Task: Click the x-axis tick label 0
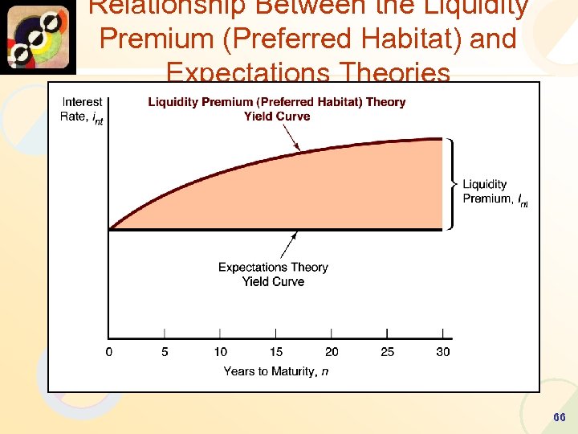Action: pos(109,351)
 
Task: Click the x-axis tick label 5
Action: pos(165,351)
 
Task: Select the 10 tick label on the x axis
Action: pos(220,351)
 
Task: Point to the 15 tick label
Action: pos(275,351)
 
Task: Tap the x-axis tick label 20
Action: pos(332,351)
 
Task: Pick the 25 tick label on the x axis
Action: pos(387,351)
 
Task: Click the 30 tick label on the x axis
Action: pos(442,351)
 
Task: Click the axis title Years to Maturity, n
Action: pos(275,371)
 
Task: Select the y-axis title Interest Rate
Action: pos(82,109)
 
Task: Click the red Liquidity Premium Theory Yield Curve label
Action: pos(277,109)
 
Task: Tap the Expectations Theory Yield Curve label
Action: pos(273,274)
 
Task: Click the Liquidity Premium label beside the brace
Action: pos(494,191)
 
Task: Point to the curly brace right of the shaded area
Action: pos(453,184)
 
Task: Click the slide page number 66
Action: pos(560,418)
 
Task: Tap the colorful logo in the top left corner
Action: pos(38,38)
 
